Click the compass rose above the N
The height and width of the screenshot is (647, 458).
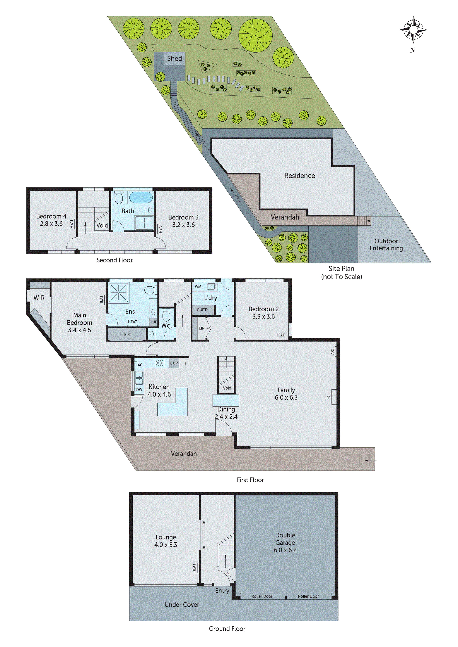413,29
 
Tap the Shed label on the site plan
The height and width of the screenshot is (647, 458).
174,59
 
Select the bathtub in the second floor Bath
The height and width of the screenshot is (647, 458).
141,197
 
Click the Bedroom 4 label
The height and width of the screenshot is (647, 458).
51,216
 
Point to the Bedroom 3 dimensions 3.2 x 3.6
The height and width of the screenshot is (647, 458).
183,225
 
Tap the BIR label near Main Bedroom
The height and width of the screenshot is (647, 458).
127,335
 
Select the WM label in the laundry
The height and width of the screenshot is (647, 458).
198,287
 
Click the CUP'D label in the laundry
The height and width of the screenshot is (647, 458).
202,310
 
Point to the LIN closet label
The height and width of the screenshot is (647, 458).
202,328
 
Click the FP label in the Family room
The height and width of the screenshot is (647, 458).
328,398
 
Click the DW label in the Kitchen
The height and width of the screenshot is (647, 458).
139,390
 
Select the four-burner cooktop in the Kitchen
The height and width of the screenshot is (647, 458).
159,363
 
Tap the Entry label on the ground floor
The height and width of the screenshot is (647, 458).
222,591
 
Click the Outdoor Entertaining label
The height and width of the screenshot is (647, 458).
386,245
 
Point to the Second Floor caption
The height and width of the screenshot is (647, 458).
115,260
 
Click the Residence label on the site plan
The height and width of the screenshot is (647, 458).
299,176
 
